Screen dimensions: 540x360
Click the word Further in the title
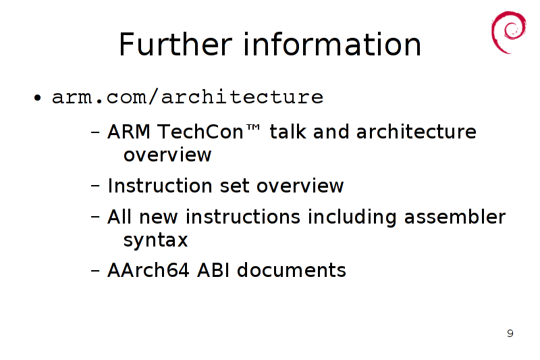(175, 44)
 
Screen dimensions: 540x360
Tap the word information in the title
(332, 44)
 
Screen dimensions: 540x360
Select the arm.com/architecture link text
(188, 97)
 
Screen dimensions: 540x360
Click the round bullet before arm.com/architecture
(38, 98)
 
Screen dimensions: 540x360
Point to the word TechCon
(200, 132)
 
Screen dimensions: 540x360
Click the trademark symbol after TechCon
(253, 128)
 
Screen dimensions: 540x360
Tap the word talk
(288, 132)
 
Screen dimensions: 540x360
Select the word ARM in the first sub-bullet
(129, 132)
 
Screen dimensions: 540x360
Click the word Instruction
(160, 186)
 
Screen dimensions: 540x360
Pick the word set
(234, 186)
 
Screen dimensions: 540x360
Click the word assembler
(454, 217)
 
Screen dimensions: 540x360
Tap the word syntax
(156, 240)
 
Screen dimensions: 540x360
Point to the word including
(352, 217)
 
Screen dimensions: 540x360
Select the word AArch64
(148, 270)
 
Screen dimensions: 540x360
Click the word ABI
(213, 270)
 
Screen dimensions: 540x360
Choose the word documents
(292, 270)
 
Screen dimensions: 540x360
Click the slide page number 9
(510, 333)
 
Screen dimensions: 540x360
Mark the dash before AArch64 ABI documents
(95, 271)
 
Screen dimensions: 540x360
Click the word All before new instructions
(119, 217)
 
